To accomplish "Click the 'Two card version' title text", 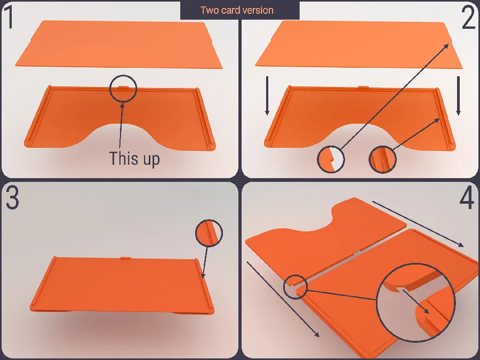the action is (x=237, y=10).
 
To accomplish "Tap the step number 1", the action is (x=10, y=17).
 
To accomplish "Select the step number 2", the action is (x=468, y=18).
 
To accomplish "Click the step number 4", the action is (x=467, y=199).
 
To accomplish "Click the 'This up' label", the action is (x=134, y=158).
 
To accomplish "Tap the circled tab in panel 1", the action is (x=123, y=88).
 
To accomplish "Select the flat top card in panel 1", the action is (x=119, y=44).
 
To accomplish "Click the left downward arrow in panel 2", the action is (x=267, y=96).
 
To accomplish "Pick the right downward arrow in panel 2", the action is (x=458, y=96).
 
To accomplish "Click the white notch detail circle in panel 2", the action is (x=331, y=159).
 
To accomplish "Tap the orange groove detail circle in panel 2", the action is (x=382, y=159).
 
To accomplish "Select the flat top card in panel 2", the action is (x=359, y=44).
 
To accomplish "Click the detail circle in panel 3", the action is (x=209, y=233).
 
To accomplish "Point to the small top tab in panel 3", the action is (x=126, y=258).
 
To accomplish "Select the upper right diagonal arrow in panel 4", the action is (x=418, y=224).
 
